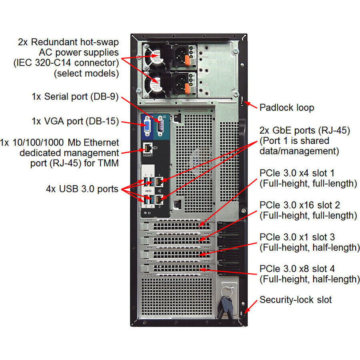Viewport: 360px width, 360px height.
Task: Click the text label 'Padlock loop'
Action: coord(287,108)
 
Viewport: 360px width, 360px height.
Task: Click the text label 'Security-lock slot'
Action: coord(296,300)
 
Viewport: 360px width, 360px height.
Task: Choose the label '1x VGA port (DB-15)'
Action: coord(75,121)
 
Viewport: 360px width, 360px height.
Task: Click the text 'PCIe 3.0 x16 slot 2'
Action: coord(300,205)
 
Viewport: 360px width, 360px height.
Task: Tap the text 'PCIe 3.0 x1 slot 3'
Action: coord(298,237)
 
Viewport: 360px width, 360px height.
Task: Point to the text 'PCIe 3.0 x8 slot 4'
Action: coord(298,268)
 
